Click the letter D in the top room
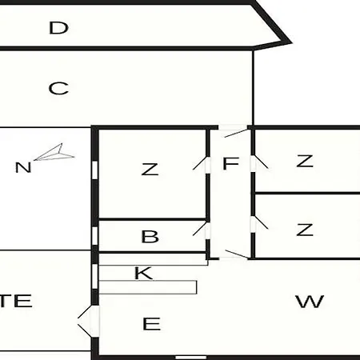(58, 28)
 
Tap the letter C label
(58, 88)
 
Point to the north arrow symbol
(54, 153)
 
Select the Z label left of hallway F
(150, 169)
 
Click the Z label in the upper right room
(305, 161)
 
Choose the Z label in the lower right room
(305, 230)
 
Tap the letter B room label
(150, 237)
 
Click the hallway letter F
(230, 163)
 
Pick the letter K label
(143, 273)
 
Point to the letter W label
(310, 302)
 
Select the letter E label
(151, 324)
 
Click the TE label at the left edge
(16, 301)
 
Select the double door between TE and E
(89, 321)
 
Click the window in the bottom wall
(191, 358)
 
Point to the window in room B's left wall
(94, 235)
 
